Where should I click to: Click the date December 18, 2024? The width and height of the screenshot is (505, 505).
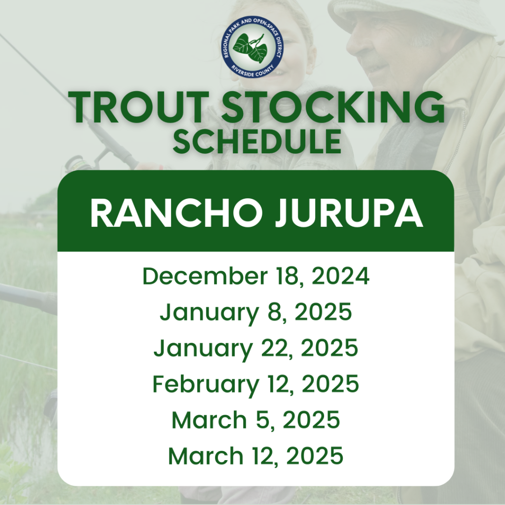coord(255,277)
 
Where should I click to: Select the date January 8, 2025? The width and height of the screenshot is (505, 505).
coord(255,313)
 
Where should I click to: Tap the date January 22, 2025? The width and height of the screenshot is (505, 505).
coord(255,348)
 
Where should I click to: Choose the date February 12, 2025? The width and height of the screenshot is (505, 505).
coord(255,384)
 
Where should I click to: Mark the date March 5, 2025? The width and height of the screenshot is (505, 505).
coord(255,420)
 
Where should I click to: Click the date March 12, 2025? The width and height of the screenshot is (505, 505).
coord(255,456)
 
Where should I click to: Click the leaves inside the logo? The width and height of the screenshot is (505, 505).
coord(251,47)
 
